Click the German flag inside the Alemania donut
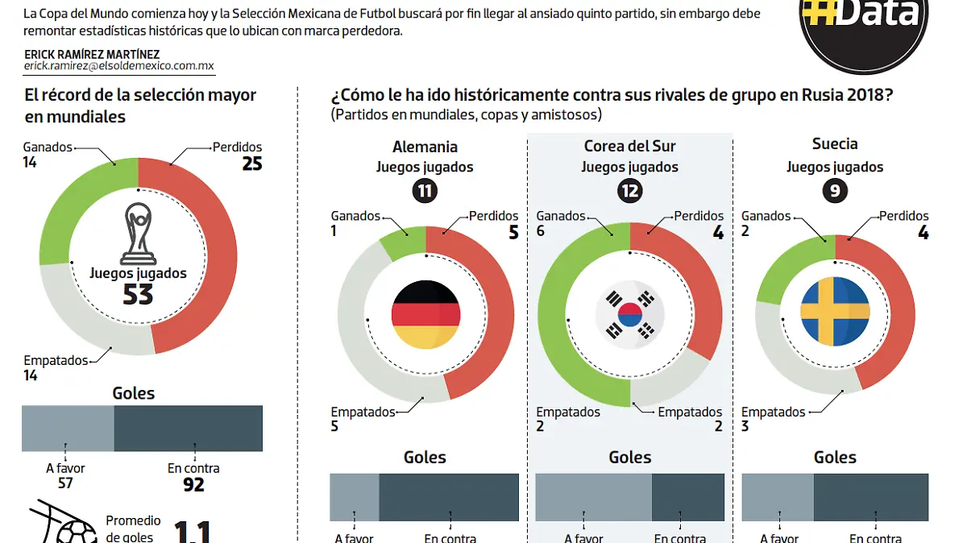click(425, 315)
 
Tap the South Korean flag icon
click(630, 314)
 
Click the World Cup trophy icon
click(139, 234)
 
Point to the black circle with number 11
click(425, 191)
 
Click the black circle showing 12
click(629, 191)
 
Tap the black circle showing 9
click(835, 191)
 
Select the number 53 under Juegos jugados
click(138, 294)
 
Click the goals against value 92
click(193, 485)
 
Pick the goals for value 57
click(65, 483)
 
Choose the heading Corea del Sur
click(629, 146)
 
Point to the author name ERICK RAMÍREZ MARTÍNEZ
click(91, 55)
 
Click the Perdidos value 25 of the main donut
click(251, 164)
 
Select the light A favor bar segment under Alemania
click(354, 497)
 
